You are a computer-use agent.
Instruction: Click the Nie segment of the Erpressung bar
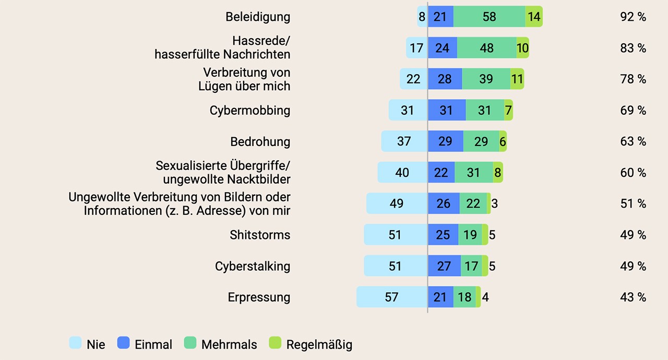392,297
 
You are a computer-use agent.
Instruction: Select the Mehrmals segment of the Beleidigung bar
489,17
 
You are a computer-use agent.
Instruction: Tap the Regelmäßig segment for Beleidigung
534,17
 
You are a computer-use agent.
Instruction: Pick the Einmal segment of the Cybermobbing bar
447,110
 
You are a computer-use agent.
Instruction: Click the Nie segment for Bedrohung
404,141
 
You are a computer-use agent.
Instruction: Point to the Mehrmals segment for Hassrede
486,48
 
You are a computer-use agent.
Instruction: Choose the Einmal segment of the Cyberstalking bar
444,266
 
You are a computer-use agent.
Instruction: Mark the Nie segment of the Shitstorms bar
395,235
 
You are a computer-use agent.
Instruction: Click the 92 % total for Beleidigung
633,17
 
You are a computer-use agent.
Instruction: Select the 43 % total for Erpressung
633,297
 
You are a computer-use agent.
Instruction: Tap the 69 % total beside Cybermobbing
633,110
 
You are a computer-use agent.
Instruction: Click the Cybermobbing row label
250,110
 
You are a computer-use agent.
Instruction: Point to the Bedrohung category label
260,141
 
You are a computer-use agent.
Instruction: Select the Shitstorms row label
260,235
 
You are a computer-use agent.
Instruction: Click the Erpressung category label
259,297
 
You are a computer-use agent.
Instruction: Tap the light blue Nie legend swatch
75,343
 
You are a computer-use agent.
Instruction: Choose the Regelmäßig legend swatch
275,343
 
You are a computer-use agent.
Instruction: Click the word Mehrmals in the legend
229,344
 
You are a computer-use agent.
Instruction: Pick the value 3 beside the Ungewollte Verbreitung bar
494,203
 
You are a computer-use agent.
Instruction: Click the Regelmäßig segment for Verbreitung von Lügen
517,79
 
